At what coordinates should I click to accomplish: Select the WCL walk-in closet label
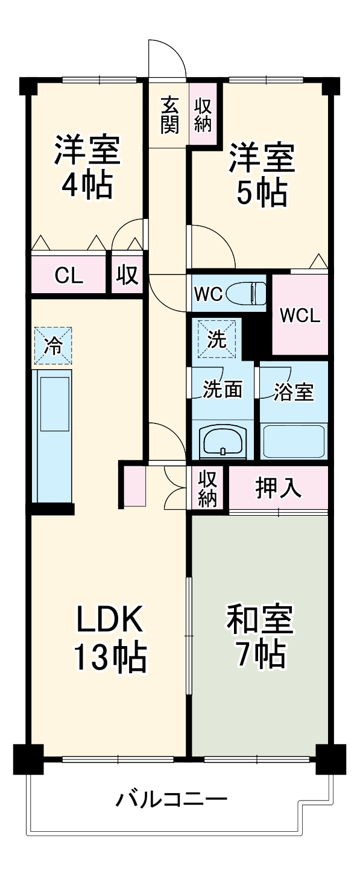coord(300,315)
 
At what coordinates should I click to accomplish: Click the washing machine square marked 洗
coord(216,340)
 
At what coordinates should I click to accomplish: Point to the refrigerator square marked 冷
coord(52,346)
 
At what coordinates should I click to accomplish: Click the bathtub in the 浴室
coord(294,442)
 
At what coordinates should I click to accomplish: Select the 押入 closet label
coord(279,488)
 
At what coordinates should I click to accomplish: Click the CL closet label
coord(69,277)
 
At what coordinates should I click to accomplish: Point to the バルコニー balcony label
coord(171,802)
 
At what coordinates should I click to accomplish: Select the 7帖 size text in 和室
coord(261,656)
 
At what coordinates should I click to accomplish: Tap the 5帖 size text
coord(261,193)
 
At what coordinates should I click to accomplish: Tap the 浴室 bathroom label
coord(294,391)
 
